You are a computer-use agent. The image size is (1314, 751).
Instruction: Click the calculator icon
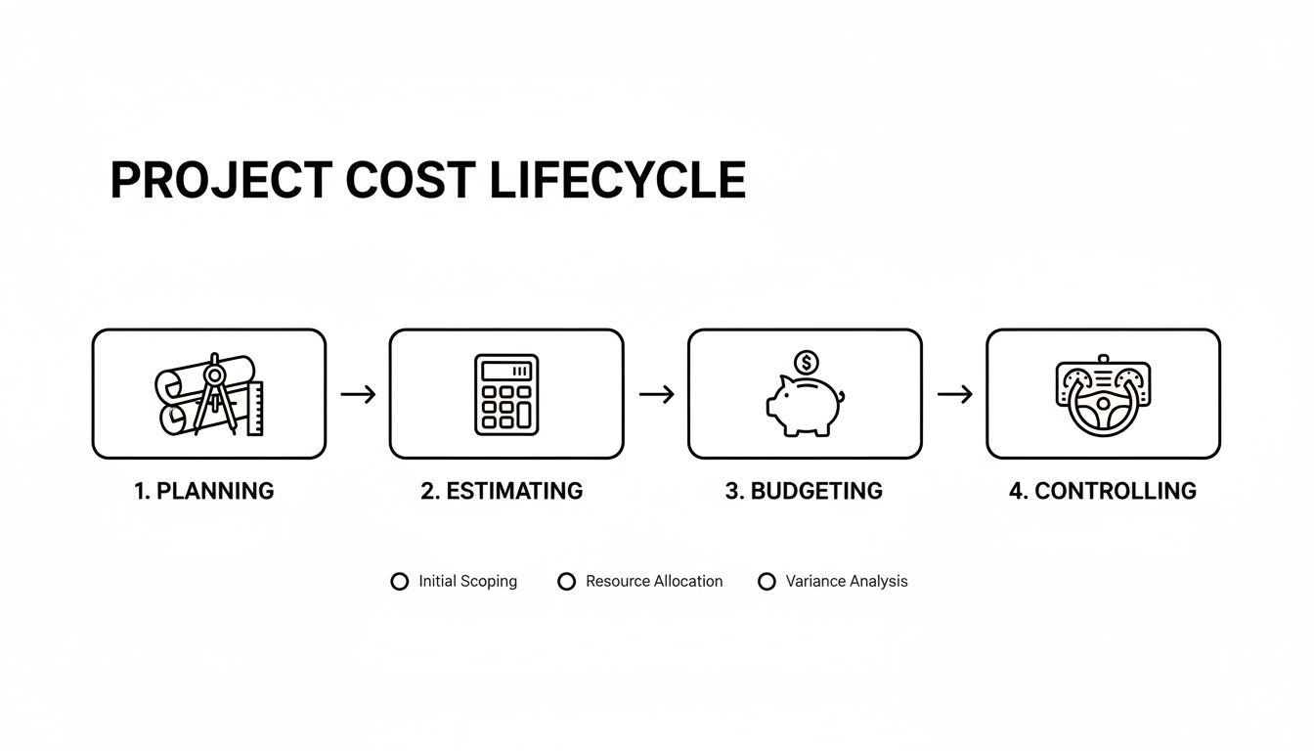coord(505,394)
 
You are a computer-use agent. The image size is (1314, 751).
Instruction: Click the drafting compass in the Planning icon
coord(216,395)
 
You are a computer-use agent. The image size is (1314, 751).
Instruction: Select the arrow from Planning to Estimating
coord(358,394)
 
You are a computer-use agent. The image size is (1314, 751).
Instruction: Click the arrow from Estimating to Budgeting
coord(656,394)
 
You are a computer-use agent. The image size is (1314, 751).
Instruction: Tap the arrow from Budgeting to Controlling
coord(954,394)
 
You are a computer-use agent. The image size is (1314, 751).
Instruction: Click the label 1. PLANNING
coord(203,491)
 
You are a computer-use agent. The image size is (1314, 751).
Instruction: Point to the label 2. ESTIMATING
coord(502,491)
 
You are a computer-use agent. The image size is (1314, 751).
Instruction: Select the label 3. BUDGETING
coord(804,491)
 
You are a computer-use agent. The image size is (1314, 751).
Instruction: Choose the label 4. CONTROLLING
coord(1102,491)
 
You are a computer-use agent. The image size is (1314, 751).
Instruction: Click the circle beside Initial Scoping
coord(399,582)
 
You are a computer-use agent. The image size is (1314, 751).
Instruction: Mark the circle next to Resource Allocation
coord(566,582)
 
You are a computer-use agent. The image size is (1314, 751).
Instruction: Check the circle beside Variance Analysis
coord(766,582)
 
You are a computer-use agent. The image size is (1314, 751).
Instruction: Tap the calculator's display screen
coord(505,371)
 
